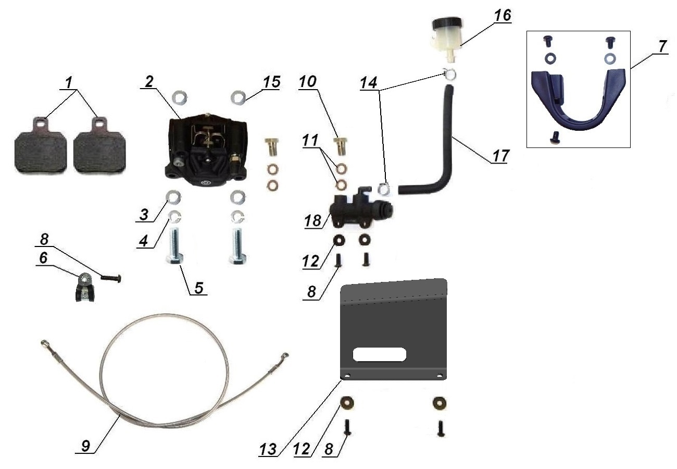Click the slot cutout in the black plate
pyautogui.click(x=379, y=354)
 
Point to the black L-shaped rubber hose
pyautogui.click(x=443, y=151)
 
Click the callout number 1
pyautogui.click(x=69, y=82)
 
